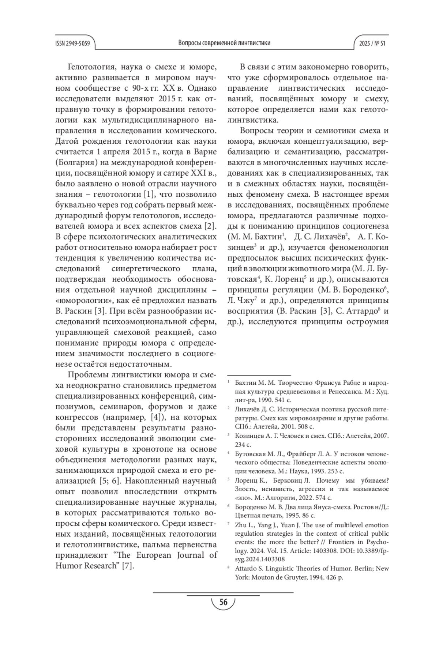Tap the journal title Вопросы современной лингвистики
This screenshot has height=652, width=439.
pos(224,43)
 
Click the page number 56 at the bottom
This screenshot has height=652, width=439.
pos(223,602)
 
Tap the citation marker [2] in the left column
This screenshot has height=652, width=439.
pos(210,225)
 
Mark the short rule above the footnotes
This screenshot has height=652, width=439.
pos(259,375)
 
